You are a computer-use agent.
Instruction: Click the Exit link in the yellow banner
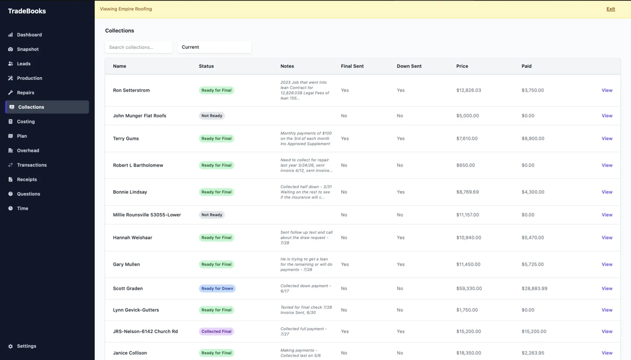pos(610,9)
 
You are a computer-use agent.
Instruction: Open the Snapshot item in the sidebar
pos(28,49)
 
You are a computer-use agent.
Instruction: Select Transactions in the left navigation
pos(32,165)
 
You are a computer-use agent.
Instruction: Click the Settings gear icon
pos(11,346)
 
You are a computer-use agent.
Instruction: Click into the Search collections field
pos(138,47)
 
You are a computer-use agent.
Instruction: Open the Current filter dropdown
pos(214,47)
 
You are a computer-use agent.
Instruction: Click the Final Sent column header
pos(352,66)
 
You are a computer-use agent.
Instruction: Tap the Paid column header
pos(526,66)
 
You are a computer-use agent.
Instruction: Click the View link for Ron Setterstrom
pos(607,90)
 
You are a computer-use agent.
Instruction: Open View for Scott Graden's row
pos(607,289)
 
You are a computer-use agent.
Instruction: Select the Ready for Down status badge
pos(217,289)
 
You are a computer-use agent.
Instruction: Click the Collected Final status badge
pos(216,331)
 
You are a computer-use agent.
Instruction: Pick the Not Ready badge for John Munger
pos(212,116)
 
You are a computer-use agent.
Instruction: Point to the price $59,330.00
pos(469,289)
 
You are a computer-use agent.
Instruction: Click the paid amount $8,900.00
pos(533,139)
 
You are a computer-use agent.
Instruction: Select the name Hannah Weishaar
pos(132,237)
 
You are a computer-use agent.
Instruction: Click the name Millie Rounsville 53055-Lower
pos(147,214)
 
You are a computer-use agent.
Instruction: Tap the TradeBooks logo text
pos(27,11)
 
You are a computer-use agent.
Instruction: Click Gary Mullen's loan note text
pos(306,264)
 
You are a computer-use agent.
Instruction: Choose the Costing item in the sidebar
pos(25,121)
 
